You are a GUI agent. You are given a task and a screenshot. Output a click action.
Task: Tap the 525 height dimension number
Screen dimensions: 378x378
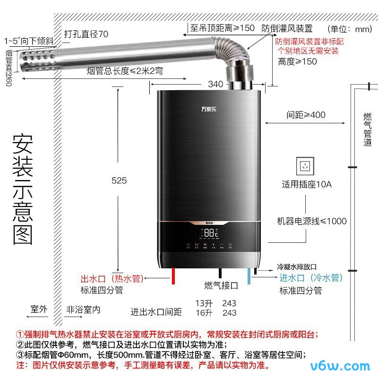(119, 180)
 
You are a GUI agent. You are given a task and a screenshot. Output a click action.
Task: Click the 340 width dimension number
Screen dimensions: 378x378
(215, 84)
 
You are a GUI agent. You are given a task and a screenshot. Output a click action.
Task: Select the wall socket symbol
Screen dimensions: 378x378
(304, 166)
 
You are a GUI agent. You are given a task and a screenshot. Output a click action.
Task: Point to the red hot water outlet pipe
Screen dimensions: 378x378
(174, 275)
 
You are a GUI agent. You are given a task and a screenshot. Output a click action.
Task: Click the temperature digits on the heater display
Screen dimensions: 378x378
(211, 232)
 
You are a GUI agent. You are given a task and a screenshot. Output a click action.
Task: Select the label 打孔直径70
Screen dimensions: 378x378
(86, 34)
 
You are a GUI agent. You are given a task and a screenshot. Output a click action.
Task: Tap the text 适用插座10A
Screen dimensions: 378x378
(307, 184)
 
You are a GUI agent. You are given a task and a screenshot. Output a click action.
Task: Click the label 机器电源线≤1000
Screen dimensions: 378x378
(312, 221)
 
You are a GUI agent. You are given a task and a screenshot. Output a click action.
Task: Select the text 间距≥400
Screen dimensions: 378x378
(306, 115)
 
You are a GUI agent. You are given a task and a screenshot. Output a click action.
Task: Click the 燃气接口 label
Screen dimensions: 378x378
(221, 285)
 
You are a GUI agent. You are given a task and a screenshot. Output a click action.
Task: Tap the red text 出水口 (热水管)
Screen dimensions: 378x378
(112, 279)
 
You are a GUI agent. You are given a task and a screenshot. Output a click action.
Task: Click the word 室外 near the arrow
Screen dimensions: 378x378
(39, 309)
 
